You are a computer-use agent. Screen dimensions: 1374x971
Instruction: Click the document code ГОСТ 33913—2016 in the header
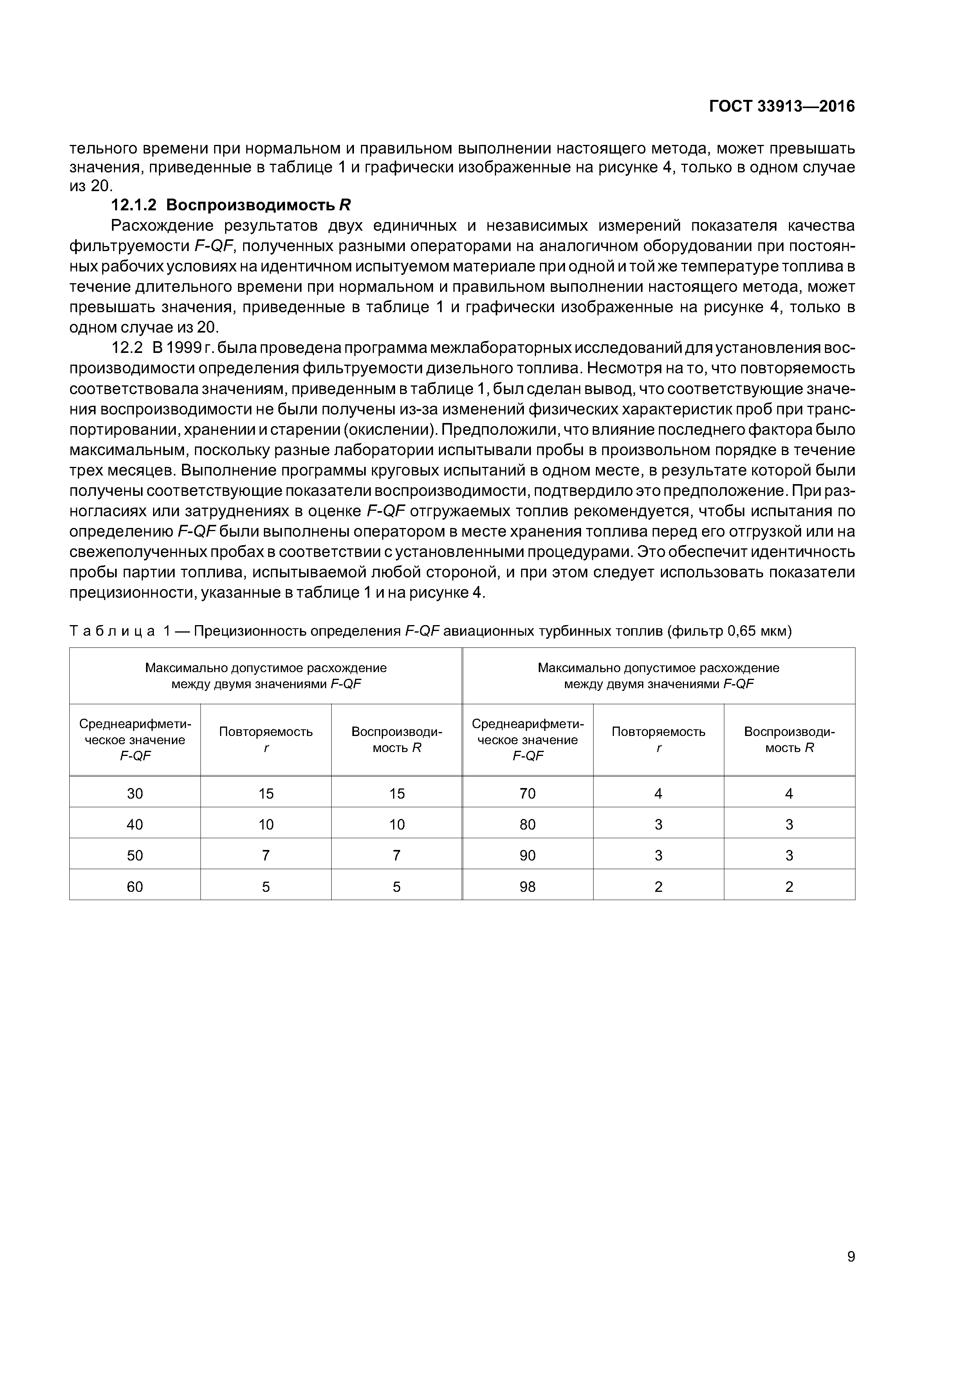782,107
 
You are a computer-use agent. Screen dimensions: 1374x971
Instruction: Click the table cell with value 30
135,794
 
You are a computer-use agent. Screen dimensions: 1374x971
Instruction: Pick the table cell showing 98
528,887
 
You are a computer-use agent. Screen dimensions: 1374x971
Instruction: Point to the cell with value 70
528,794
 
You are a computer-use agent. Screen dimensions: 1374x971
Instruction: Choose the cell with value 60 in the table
135,887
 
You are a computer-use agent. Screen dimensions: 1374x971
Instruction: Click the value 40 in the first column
135,824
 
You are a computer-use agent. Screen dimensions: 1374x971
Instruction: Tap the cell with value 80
528,824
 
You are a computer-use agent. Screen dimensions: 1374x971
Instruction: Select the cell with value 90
528,856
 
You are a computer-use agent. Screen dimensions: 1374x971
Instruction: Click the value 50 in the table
135,856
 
